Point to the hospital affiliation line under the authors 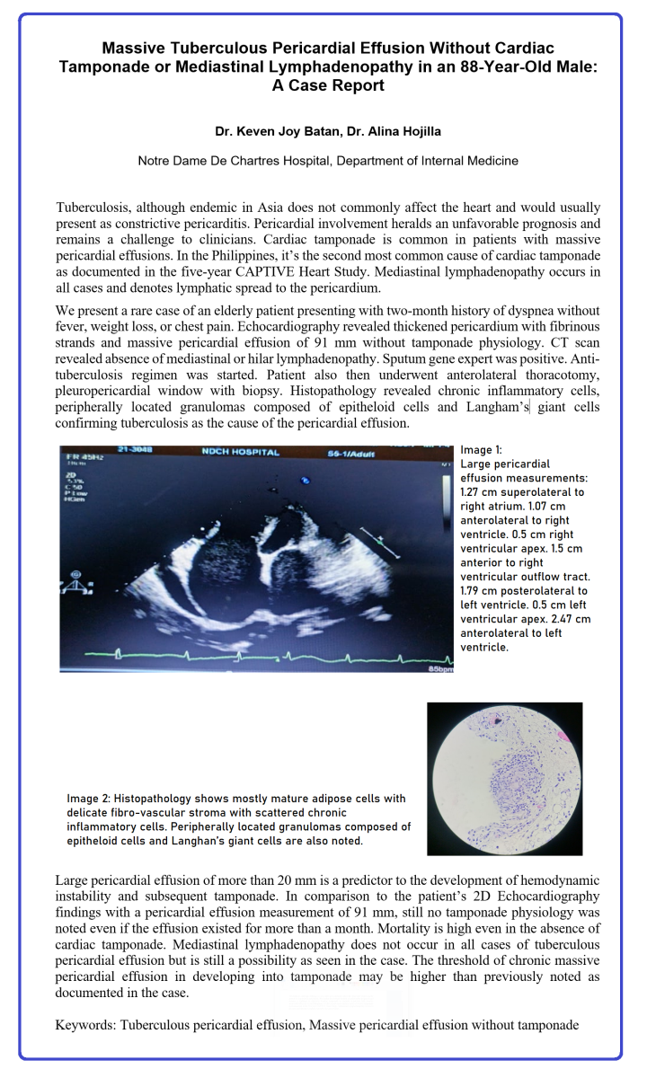pos(328,161)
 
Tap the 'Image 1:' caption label pos(482,449)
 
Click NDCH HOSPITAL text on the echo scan pos(240,452)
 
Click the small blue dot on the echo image pos(306,481)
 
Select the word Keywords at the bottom pos(84,1023)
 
